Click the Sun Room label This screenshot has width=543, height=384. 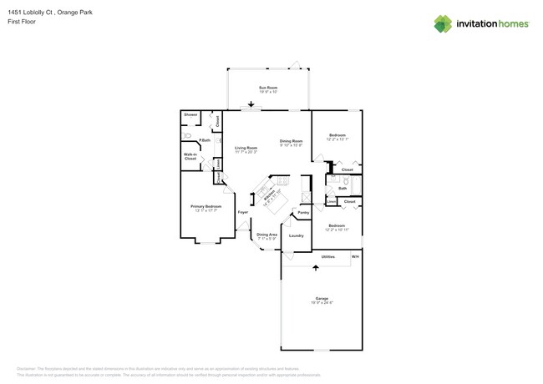(x=268, y=88)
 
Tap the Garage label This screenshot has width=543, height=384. (x=322, y=299)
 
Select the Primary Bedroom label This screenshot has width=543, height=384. (x=206, y=206)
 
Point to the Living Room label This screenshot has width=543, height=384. (x=246, y=148)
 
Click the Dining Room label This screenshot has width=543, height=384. (x=291, y=141)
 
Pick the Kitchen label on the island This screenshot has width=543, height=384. (x=270, y=197)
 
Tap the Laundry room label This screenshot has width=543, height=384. (x=296, y=235)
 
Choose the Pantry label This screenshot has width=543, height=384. (x=303, y=212)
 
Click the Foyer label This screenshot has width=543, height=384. (x=243, y=212)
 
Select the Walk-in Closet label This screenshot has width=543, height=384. (x=190, y=156)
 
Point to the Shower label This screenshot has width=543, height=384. (x=190, y=114)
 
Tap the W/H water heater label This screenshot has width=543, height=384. (x=355, y=256)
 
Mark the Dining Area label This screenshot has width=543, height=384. (x=267, y=235)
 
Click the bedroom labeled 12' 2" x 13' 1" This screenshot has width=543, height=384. (x=337, y=135)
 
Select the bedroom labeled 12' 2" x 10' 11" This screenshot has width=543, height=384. (x=337, y=226)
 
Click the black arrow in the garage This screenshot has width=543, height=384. (x=316, y=267)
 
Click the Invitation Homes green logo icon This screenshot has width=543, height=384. (x=443, y=24)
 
